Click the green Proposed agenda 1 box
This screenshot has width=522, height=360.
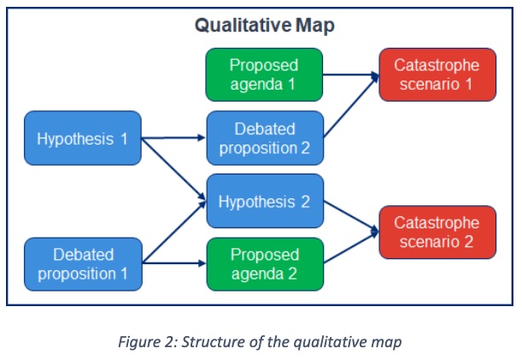(x=265, y=75)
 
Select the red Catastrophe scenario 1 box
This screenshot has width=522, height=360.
(x=437, y=75)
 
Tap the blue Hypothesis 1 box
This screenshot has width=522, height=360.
(x=82, y=138)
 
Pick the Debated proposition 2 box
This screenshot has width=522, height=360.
(x=265, y=139)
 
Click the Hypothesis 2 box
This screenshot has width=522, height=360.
(x=265, y=202)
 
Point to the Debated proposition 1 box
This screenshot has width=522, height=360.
(x=82, y=264)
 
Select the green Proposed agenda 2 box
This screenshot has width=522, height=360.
(x=265, y=264)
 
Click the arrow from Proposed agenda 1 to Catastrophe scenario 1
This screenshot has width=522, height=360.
(x=350, y=75)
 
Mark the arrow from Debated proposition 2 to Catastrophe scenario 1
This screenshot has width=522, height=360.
(x=350, y=108)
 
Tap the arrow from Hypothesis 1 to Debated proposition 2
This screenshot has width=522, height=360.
(x=173, y=138)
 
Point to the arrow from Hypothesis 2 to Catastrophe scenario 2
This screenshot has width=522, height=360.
(x=350, y=217)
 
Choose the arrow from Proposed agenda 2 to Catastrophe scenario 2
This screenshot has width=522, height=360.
(x=350, y=249)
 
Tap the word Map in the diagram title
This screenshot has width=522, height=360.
(x=315, y=25)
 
